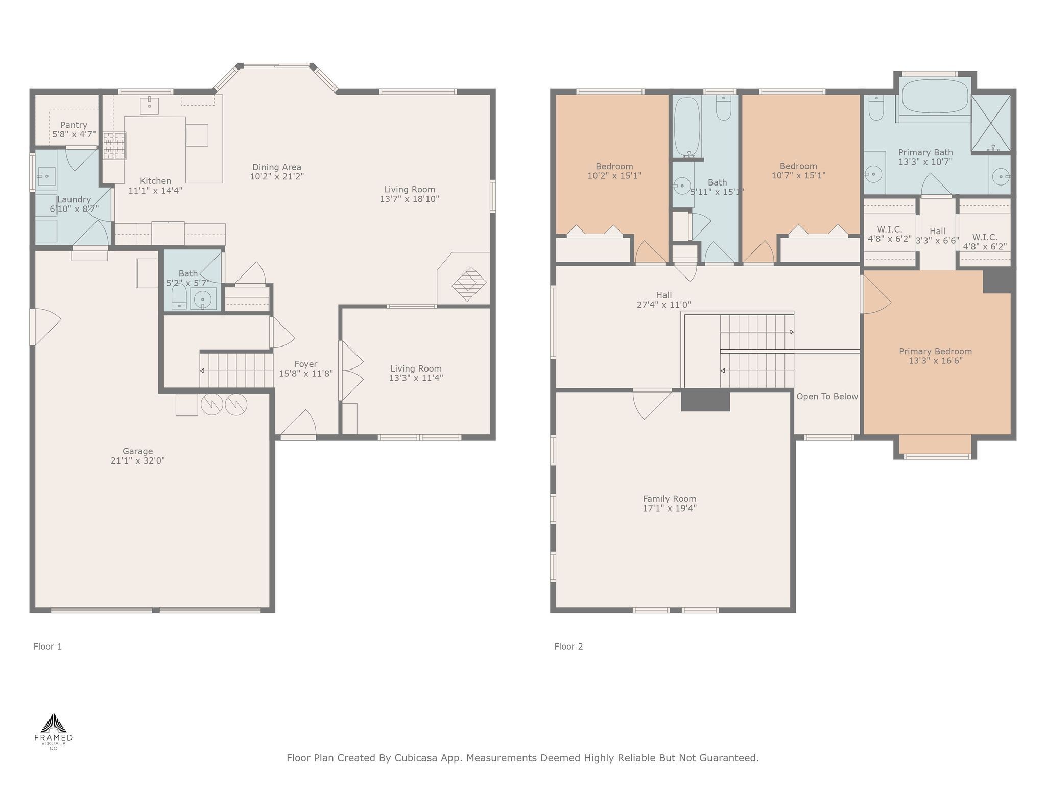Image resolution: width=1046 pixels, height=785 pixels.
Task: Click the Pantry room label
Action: (x=74, y=125)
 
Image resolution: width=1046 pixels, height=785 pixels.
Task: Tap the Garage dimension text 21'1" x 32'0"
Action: (x=137, y=460)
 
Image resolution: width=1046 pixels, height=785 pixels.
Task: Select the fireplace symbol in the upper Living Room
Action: (x=469, y=284)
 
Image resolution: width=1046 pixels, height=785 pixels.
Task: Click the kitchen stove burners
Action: (x=114, y=146)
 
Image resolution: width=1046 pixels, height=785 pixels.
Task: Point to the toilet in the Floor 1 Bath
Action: (x=179, y=297)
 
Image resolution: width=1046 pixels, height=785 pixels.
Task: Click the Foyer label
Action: (x=306, y=364)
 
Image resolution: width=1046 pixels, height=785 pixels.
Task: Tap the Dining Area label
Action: (x=277, y=167)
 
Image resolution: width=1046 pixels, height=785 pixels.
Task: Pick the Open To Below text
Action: (x=827, y=397)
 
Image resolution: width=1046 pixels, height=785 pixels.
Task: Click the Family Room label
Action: (x=670, y=499)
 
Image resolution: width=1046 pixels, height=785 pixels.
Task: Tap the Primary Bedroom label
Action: (x=935, y=352)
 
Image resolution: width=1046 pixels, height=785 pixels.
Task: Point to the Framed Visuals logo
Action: (x=53, y=732)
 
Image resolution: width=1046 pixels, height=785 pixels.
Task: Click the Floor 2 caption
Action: (x=568, y=647)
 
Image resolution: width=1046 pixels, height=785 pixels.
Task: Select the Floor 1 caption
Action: (x=47, y=647)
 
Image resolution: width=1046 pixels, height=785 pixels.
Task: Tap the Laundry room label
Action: (x=74, y=200)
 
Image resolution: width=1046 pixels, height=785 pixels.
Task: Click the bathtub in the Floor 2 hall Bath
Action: (x=687, y=127)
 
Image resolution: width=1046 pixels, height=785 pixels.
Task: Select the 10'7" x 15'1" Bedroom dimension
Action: (x=798, y=175)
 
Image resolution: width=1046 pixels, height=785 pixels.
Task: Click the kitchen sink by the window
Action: (x=149, y=106)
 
